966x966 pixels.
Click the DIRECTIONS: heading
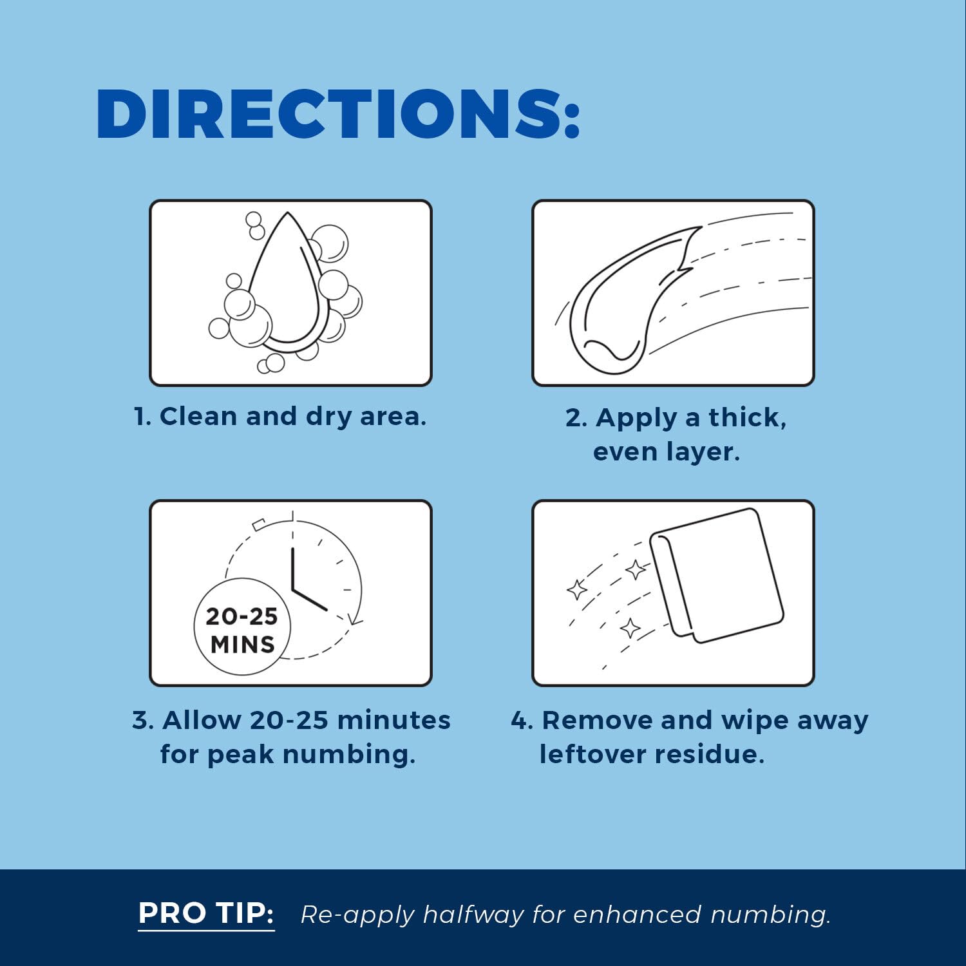click(338, 115)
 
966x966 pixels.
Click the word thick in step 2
click(747, 417)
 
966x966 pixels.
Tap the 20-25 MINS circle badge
click(242, 627)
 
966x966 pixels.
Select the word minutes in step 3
click(393, 720)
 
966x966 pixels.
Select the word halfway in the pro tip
click(473, 914)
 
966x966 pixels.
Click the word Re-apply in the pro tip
click(358, 915)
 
